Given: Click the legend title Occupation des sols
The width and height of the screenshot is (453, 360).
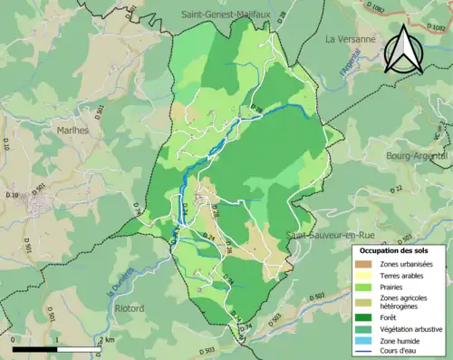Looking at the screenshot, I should coord(396,249).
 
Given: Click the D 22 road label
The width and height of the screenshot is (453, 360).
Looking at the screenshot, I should coord(396,188).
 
